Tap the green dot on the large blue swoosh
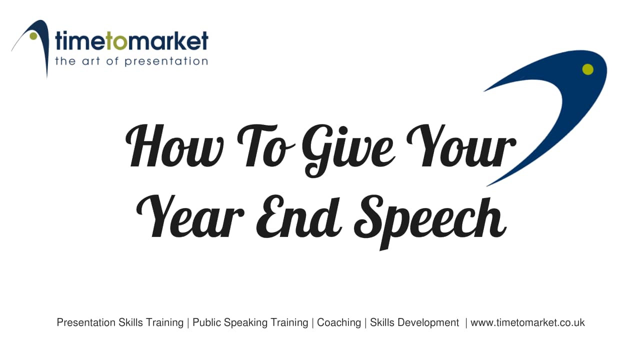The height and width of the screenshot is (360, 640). click(x=588, y=69)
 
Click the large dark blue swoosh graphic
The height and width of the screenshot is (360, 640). click(x=565, y=110)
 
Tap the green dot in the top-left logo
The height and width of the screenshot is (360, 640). click(x=33, y=36)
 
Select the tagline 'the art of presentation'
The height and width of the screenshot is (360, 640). click(x=131, y=61)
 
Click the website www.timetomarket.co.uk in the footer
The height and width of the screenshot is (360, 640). click(x=527, y=322)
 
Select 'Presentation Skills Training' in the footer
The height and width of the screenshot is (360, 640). click(x=120, y=322)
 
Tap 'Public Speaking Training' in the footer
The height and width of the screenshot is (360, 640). click(x=250, y=322)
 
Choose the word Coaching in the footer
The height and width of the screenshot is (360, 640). click(x=339, y=322)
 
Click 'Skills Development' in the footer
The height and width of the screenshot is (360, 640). click(x=414, y=322)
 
